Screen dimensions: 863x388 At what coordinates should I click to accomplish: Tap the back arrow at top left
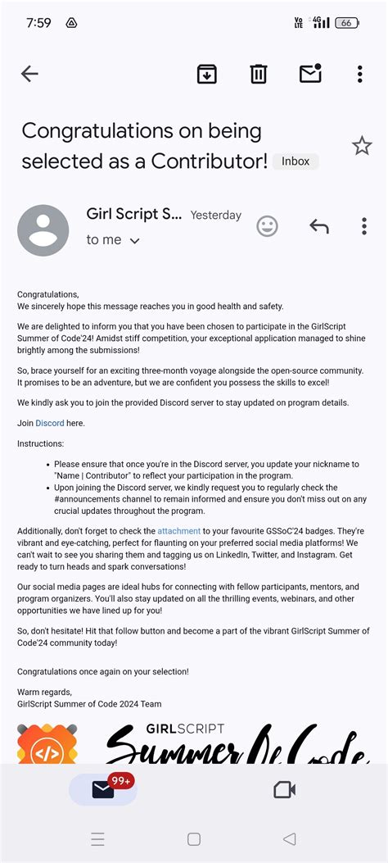click(x=29, y=74)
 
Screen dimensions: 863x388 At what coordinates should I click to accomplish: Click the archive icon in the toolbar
click(x=207, y=74)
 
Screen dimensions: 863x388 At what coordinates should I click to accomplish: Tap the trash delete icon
click(x=259, y=74)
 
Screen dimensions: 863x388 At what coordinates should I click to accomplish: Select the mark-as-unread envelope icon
click(x=310, y=74)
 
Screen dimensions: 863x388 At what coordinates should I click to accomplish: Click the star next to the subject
click(x=361, y=146)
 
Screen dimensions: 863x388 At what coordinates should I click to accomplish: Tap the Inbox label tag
click(x=296, y=161)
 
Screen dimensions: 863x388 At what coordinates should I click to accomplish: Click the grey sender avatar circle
click(x=43, y=230)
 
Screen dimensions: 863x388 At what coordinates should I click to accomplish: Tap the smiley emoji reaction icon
click(x=267, y=226)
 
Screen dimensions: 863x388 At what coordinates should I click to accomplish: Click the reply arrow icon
click(x=318, y=226)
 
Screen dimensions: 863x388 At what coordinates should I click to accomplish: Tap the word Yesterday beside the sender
click(x=216, y=216)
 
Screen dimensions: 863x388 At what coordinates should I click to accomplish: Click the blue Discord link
click(x=49, y=423)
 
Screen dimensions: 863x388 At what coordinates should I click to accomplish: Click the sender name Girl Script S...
click(x=134, y=214)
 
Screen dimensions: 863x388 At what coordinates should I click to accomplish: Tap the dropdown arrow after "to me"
click(x=135, y=241)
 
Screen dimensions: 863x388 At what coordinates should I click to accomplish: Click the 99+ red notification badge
click(x=121, y=781)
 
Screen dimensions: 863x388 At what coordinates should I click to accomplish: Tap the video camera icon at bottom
click(x=283, y=789)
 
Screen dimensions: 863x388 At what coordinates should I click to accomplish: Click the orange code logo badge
click(x=47, y=746)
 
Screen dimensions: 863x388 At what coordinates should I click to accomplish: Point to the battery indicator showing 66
click(x=347, y=23)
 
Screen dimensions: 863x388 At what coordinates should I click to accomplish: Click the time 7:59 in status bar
click(x=38, y=23)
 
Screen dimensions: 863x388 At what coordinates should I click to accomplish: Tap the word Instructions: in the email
click(x=40, y=443)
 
